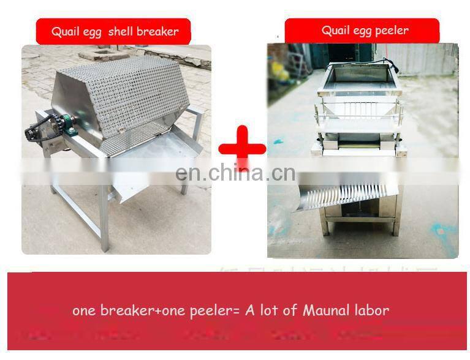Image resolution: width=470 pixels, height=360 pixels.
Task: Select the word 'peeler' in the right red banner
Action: (390, 31)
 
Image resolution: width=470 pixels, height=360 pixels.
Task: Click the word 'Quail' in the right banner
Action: (336, 31)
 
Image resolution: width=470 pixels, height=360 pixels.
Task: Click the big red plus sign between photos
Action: (242, 147)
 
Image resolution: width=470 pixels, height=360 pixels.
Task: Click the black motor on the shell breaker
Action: (38, 131)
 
